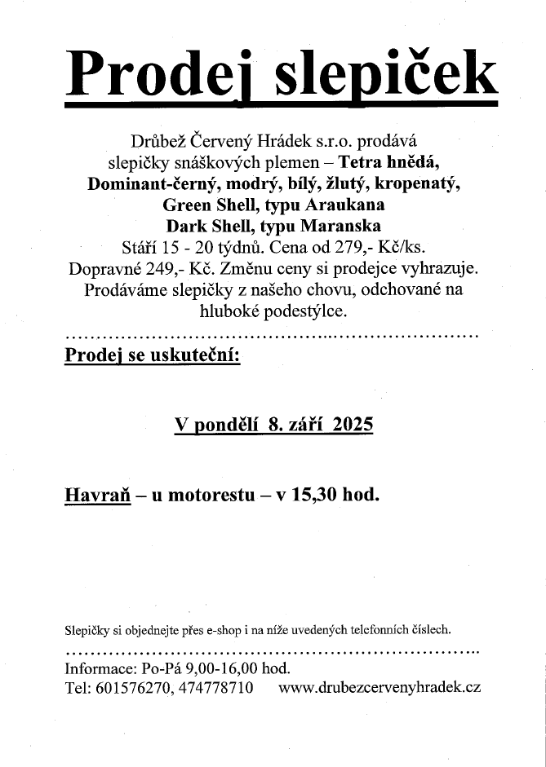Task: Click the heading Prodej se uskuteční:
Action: [x=152, y=356]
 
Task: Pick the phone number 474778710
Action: [x=213, y=688]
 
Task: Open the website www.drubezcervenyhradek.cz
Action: [x=380, y=688]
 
